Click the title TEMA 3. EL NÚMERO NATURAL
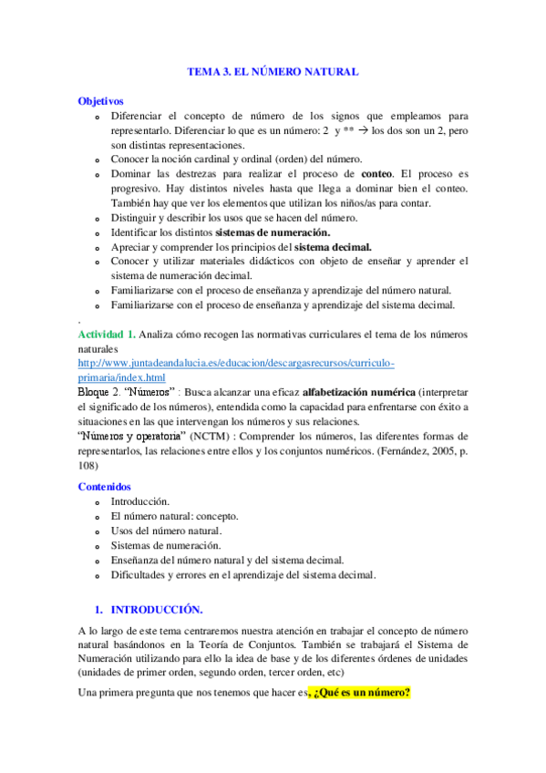coord(273,70)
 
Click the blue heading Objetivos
coord(100,101)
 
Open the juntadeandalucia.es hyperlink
coord(236,363)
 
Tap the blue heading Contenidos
coord(104,487)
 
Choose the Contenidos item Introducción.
coord(139,501)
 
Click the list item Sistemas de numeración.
coord(166,545)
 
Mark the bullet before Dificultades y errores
coord(98,575)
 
